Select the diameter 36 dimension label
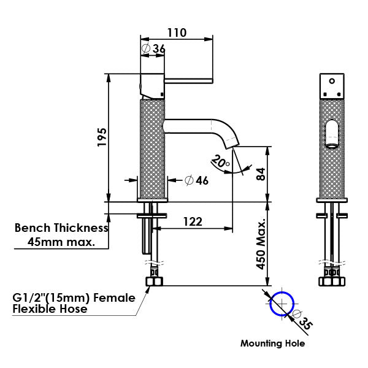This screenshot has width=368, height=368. [153, 48]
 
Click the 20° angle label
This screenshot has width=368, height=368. [220, 162]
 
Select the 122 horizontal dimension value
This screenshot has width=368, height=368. [193, 221]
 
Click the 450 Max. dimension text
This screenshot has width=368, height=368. [261, 243]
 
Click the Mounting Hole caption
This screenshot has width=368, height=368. [272, 343]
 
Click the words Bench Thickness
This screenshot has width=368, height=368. [61, 228]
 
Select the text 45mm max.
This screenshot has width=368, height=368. [61, 242]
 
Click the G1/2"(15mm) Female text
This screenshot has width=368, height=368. [74, 298]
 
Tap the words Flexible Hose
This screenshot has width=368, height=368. [50, 309]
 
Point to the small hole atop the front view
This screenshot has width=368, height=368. [332, 80]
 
